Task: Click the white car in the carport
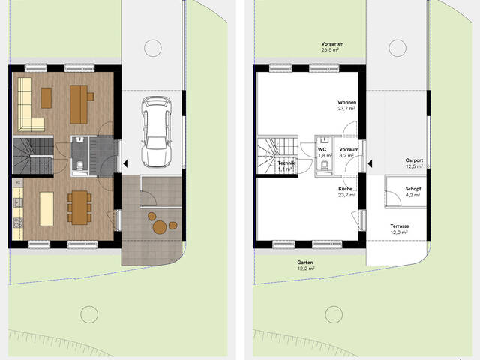(x=156, y=132)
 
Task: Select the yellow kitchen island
(x=46, y=209)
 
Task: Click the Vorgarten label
(x=332, y=44)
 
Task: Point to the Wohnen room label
(x=346, y=102)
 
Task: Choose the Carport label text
(x=414, y=160)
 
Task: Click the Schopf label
(x=413, y=189)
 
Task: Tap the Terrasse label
(x=400, y=226)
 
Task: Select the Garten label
(x=305, y=262)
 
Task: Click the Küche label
(x=345, y=189)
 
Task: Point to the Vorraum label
(x=349, y=150)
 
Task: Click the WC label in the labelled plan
(x=322, y=150)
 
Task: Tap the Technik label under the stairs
(x=286, y=163)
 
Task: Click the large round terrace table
(x=160, y=227)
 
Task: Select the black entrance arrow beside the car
(x=125, y=163)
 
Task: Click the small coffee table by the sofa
(x=46, y=98)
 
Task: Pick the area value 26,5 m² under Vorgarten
(x=330, y=50)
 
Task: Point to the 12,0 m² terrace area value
(x=399, y=232)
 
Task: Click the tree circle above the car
(x=153, y=48)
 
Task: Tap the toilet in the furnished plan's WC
(x=79, y=166)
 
